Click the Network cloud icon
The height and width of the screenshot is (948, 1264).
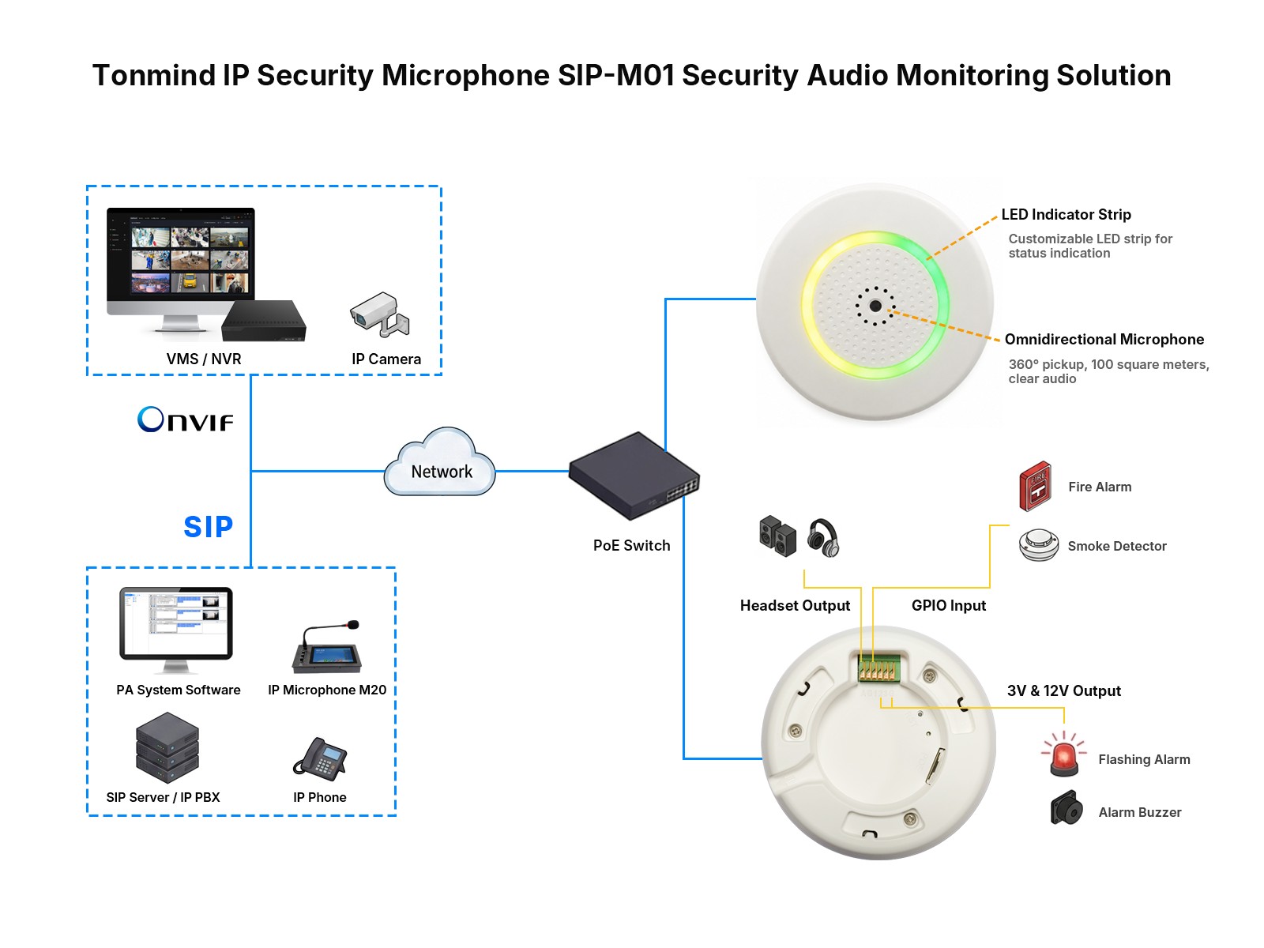pyautogui.click(x=438, y=461)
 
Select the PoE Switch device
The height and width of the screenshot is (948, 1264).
pyautogui.click(x=634, y=476)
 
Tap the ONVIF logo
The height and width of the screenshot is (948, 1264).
pyautogui.click(x=185, y=419)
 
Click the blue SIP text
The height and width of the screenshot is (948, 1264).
pyautogui.click(x=208, y=526)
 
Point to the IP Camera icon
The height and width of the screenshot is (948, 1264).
pyautogui.click(x=379, y=314)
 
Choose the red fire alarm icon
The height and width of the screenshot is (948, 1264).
pyautogui.click(x=1035, y=487)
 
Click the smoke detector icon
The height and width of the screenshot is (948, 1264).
pyautogui.click(x=1038, y=544)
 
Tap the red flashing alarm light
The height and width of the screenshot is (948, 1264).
pyautogui.click(x=1063, y=754)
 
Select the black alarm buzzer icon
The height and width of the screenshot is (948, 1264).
pyautogui.click(x=1066, y=808)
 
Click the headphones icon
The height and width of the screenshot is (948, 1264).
pyautogui.click(x=822, y=538)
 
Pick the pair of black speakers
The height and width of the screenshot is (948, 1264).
pyautogui.click(x=777, y=536)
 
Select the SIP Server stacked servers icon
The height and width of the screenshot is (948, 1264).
pyautogui.click(x=167, y=747)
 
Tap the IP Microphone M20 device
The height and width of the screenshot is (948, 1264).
pyautogui.click(x=326, y=647)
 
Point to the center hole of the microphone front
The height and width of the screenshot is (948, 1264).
pyautogui.click(x=875, y=307)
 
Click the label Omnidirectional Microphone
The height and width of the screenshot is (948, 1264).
pyautogui.click(x=1104, y=340)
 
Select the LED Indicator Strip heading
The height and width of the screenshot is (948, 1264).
pyautogui.click(x=1066, y=215)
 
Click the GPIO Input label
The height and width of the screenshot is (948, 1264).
pyautogui.click(x=948, y=605)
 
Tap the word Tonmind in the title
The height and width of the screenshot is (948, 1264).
pyautogui.click(x=154, y=75)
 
